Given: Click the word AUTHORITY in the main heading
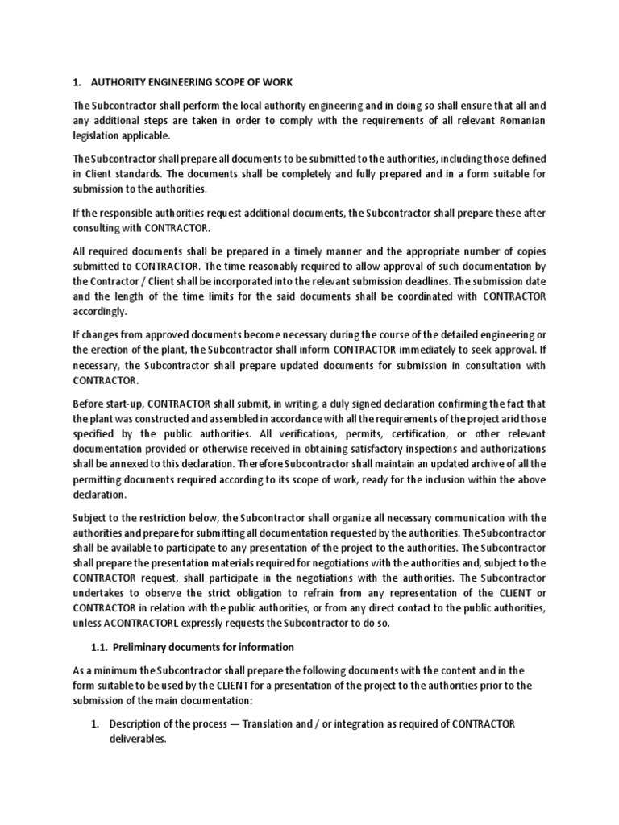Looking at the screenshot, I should click(124, 82).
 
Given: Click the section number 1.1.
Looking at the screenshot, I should click(98, 647).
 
